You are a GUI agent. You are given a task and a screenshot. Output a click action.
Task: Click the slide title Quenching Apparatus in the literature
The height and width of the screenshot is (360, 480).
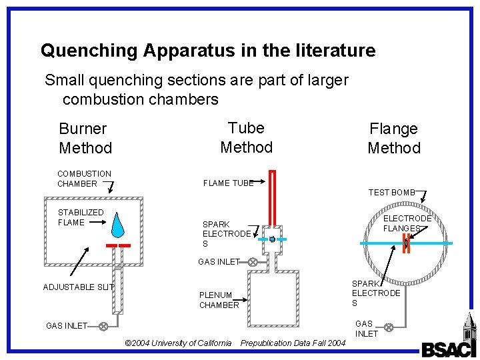coord(208,51)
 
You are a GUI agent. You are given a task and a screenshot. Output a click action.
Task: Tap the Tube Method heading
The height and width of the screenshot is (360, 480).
coord(246,137)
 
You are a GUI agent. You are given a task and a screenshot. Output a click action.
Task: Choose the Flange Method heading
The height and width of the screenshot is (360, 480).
coord(394,138)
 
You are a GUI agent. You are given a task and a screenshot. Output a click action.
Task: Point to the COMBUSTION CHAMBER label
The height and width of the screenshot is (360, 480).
coord(84,179)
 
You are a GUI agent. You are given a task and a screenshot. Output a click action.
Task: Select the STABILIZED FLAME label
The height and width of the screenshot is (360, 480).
coord(81,217)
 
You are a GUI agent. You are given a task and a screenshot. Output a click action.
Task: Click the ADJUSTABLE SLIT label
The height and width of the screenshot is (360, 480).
coord(78,287)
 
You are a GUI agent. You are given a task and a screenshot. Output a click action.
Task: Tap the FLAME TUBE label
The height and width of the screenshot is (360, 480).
coord(228,183)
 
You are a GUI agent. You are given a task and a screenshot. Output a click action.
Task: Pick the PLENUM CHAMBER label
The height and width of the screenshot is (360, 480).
coord(219,300)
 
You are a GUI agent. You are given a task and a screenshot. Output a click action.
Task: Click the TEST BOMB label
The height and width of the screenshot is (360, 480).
coord(391,193)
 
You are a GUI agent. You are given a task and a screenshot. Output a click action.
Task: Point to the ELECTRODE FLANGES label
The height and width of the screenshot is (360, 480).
coord(407,223)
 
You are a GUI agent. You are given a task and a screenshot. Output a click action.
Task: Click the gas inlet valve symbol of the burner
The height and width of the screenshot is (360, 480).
coord(103,326)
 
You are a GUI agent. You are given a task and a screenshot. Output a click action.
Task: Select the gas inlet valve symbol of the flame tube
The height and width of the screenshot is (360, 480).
coord(253,262)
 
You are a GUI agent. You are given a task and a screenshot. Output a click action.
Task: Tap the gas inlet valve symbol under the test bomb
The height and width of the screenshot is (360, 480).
coord(388,327)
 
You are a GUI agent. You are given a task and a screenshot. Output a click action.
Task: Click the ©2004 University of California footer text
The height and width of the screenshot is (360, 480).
coord(178,343)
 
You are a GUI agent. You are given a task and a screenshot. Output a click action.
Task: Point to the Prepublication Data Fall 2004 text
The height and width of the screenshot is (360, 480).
coord(293,343)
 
